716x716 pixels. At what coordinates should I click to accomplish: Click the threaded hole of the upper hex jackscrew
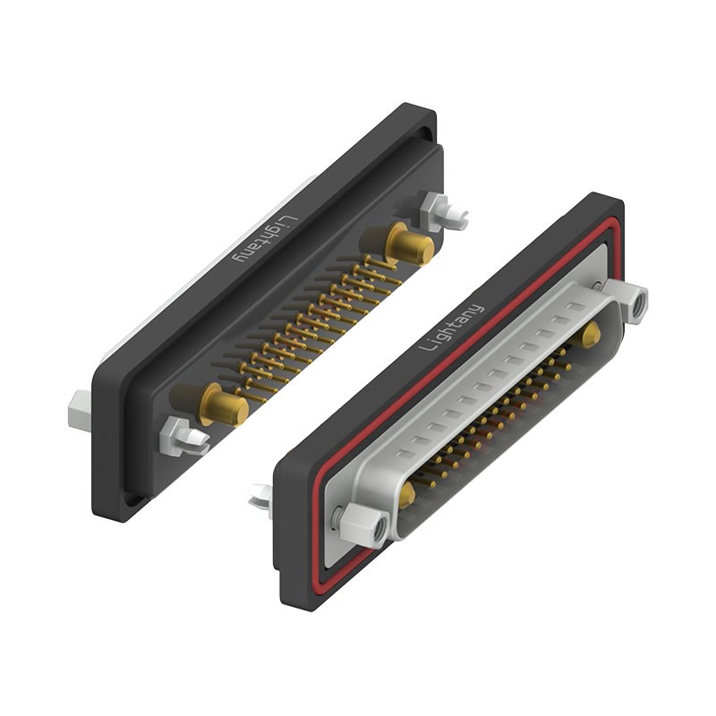(638, 307)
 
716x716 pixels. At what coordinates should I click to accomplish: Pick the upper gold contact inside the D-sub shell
(590, 336)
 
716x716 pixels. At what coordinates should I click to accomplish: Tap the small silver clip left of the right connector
(260, 494)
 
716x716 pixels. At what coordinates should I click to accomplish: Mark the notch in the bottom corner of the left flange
(132, 499)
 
